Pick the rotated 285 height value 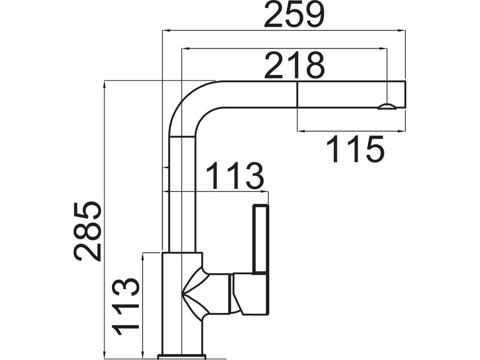coord(87,231)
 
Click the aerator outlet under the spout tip coord(387,106)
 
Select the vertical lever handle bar coord(261,239)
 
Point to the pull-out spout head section coord(351,95)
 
